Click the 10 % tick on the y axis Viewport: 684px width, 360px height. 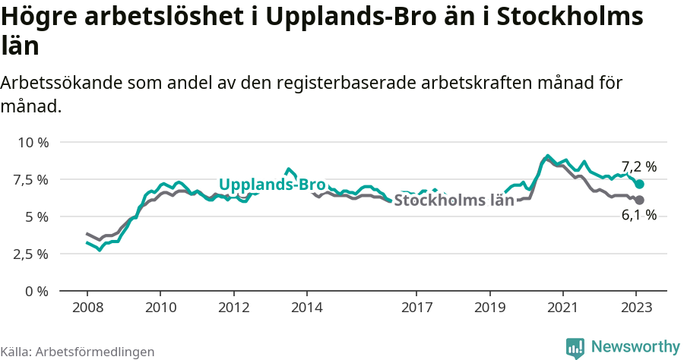click(x=32, y=143)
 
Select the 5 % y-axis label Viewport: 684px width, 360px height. click(x=36, y=216)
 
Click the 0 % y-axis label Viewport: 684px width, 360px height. click(x=36, y=291)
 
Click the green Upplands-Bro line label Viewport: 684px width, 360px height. click(x=272, y=185)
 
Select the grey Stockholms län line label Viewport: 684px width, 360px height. click(x=454, y=201)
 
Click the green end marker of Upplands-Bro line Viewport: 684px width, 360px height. click(x=639, y=185)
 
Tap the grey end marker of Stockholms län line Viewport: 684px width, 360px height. click(x=639, y=201)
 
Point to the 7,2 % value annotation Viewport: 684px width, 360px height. click(x=638, y=166)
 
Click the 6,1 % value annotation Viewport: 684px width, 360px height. click(x=638, y=216)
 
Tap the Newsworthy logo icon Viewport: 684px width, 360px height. click(x=575, y=348)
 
